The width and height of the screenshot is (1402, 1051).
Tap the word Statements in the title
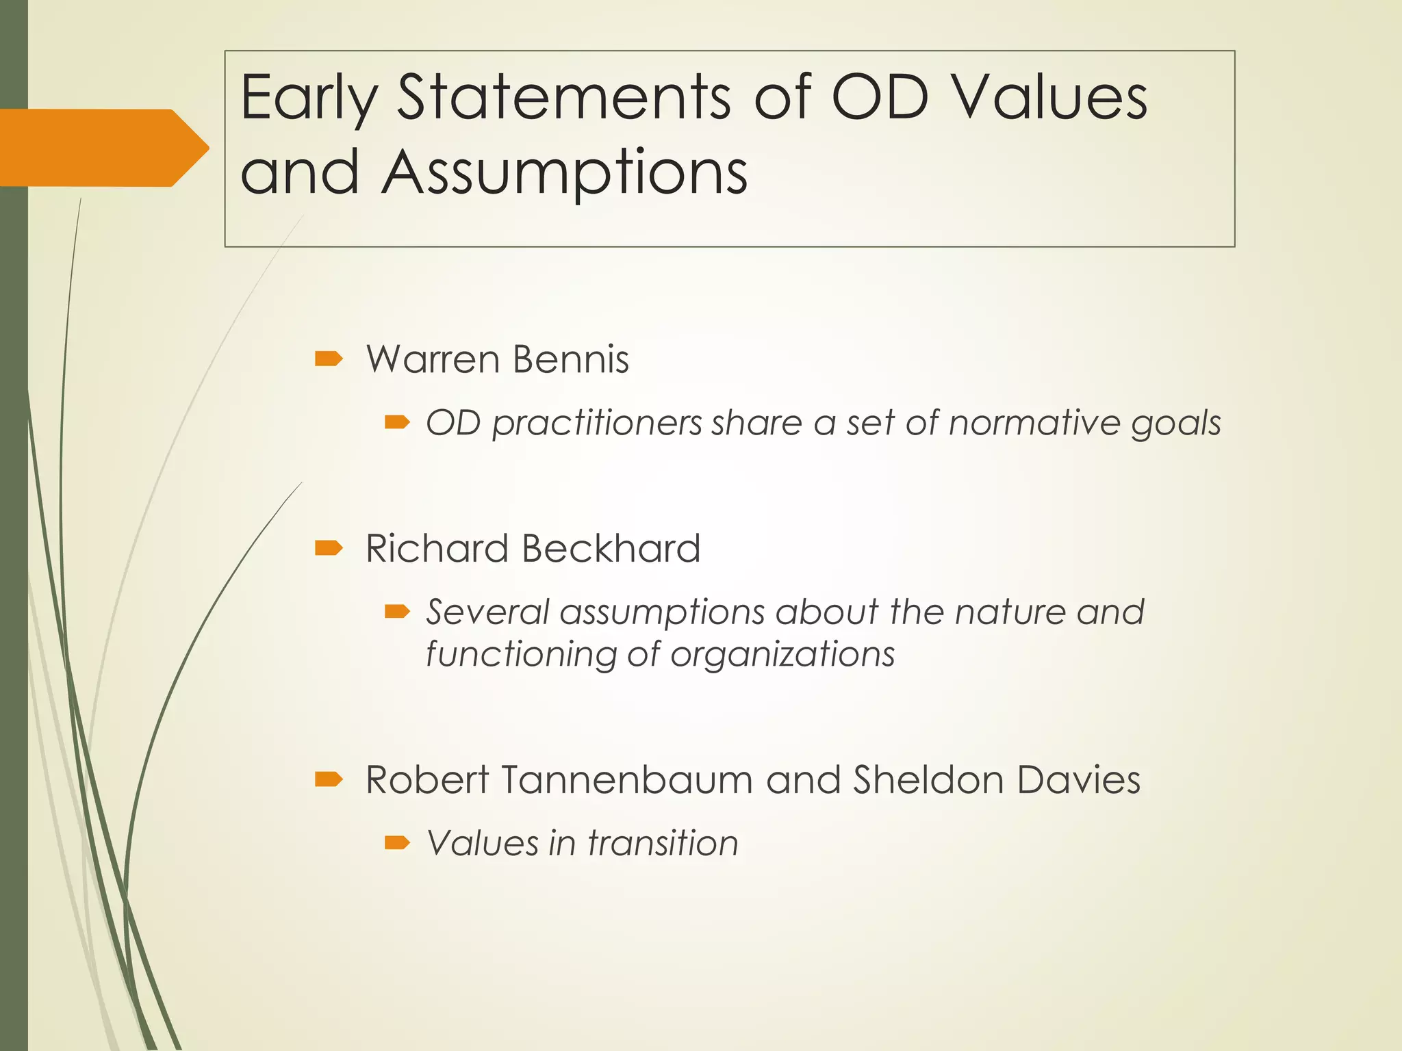pyautogui.click(x=565, y=97)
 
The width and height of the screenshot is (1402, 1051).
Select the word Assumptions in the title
pyautogui.click(x=564, y=172)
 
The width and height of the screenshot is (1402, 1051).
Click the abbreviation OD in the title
pyautogui.click(x=880, y=97)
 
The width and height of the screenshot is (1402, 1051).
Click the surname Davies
pyautogui.click(x=1079, y=780)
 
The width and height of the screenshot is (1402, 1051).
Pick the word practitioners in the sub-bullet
pyautogui.click(x=597, y=424)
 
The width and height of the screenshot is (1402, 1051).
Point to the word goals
pyautogui.click(x=1176, y=424)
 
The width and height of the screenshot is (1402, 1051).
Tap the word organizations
pyautogui.click(x=782, y=655)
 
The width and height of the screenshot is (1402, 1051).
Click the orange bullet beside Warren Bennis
pyautogui.click(x=329, y=359)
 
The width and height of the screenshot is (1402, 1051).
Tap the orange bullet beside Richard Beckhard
pyautogui.click(x=329, y=548)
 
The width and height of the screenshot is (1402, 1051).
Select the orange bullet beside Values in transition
pyautogui.click(x=397, y=843)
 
